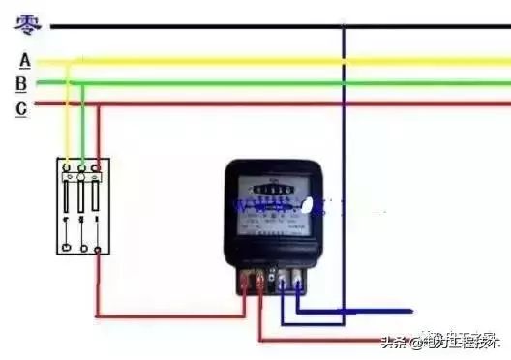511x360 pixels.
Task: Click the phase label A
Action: pos(24,61)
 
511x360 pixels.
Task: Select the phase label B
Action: pos(21,83)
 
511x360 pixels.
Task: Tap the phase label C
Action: pos(21,107)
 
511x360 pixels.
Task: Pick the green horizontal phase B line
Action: pos(290,83)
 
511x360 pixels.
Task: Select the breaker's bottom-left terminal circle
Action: pos(67,248)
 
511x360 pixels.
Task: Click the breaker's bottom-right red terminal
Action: pos(98,249)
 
